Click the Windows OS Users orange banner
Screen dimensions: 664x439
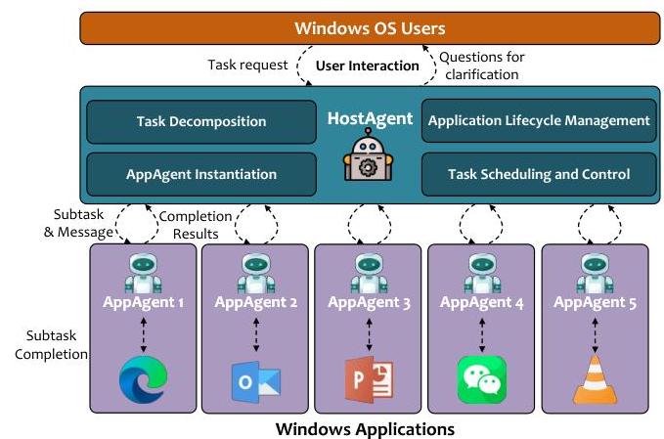[x=370, y=28]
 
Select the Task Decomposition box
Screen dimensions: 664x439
[x=201, y=122]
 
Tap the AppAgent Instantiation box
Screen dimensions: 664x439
[x=201, y=174]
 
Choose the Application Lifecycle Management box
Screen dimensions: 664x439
[x=539, y=120]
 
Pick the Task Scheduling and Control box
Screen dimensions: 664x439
[x=539, y=174]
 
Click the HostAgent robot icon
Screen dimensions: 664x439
[x=368, y=154]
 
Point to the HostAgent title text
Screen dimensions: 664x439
[x=370, y=118]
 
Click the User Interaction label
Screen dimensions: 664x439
[x=367, y=66]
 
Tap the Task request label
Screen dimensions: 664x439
[x=247, y=65]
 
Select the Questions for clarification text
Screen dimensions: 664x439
[x=482, y=66]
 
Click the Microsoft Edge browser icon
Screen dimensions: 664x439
[x=143, y=379]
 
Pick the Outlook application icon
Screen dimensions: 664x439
[x=256, y=382]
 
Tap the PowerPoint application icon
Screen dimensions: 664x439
[x=369, y=379]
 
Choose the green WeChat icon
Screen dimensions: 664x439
[x=482, y=379]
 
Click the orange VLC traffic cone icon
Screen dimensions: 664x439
[x=595, y=379]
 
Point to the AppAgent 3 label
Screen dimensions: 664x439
[x=369, y=302]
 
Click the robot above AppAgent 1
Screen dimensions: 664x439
[x=143, y=273]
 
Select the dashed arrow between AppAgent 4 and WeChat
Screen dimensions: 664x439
[x=482, y=335]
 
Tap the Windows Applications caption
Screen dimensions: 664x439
[x=365, y=429]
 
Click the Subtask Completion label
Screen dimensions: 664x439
[x=51, y=344]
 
